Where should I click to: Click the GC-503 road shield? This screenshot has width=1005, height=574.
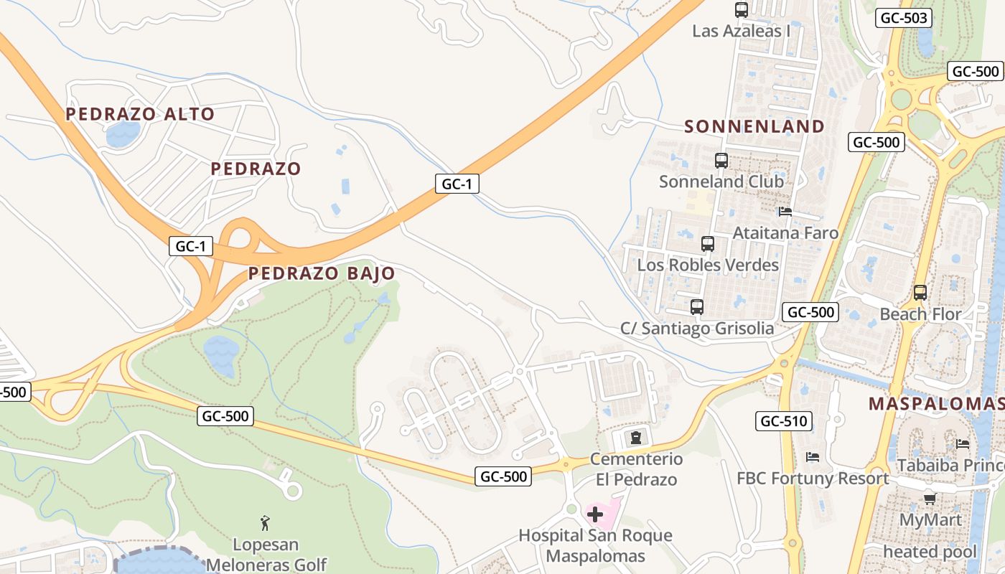click(x=903, y=19)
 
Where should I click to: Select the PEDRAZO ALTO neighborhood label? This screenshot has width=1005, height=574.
click(x=140, y=114)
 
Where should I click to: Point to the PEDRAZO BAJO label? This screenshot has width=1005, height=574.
click(x=322, y=273)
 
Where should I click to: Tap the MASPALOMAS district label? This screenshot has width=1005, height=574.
click(x=936, y=403)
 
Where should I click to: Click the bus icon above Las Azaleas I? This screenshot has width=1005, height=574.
click(x=742, y=10)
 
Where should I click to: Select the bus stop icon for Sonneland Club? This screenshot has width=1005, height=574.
click(x=721, y=161)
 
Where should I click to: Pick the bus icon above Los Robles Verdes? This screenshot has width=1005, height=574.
click(x=708, y=244)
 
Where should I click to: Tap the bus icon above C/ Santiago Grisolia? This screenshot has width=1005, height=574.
click(x=696, y=307)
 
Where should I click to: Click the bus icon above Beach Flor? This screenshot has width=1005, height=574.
click(x=920, y=293)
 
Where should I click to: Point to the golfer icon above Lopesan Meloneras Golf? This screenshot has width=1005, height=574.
click(x=265, y=522)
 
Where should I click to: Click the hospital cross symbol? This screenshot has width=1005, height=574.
click(x=595, y=514)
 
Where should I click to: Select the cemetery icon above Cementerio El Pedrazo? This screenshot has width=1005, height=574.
click(x=635, y=437)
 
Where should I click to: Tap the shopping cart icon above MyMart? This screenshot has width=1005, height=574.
click(x=930, y=498)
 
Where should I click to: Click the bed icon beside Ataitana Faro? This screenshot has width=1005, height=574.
click(x=785, y=212)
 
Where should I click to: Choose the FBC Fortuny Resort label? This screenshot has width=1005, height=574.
click(x=813, y=479)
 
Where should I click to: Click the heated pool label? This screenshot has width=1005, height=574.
click(x=930, y=552)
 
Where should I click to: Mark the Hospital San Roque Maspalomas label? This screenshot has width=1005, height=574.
click(x=595, y=545)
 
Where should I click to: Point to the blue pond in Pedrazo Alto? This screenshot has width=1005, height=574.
click(x=123, y=133)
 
